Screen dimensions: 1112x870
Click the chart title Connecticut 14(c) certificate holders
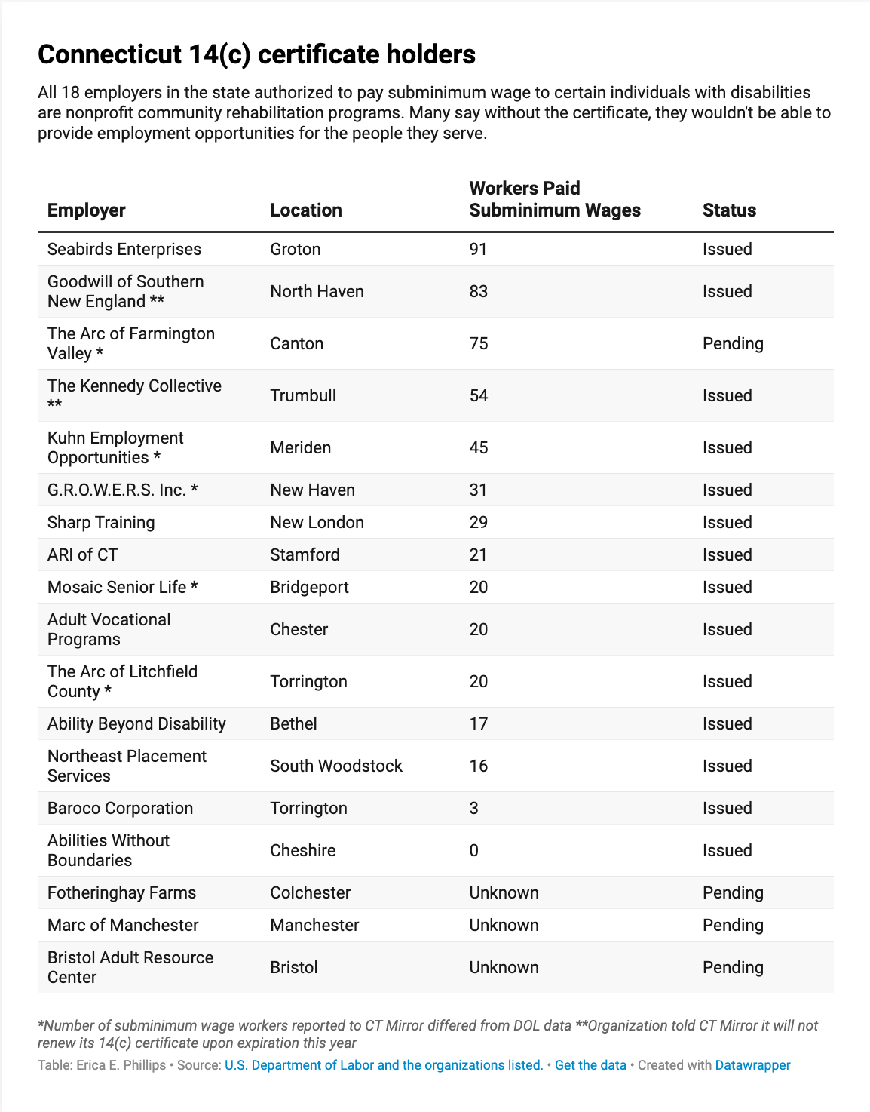[256, 54]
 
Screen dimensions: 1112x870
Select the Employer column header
[86, 210]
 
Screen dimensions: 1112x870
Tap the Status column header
[729, 210]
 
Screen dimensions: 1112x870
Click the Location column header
[306, 210]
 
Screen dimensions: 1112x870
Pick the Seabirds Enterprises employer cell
[124, 250]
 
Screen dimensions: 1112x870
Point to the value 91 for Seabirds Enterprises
[478, 250]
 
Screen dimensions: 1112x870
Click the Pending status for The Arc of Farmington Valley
[733, 344]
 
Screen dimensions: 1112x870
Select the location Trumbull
[303, 396]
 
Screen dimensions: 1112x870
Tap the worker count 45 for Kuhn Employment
[479, 448]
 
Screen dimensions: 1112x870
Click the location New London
[317, 523]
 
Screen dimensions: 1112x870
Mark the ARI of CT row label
[82, 555]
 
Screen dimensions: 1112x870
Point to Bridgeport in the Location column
[309, 588]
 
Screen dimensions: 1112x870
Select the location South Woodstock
[336, 766]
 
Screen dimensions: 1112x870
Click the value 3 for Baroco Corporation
[473, 809]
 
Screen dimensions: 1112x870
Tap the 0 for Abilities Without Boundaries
[473, 851]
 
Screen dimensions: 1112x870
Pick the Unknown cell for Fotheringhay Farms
[504, 893]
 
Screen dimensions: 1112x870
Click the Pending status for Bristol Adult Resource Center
[733, 968]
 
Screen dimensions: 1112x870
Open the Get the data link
[590, 1065]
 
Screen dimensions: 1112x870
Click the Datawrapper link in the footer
[752, 1065]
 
